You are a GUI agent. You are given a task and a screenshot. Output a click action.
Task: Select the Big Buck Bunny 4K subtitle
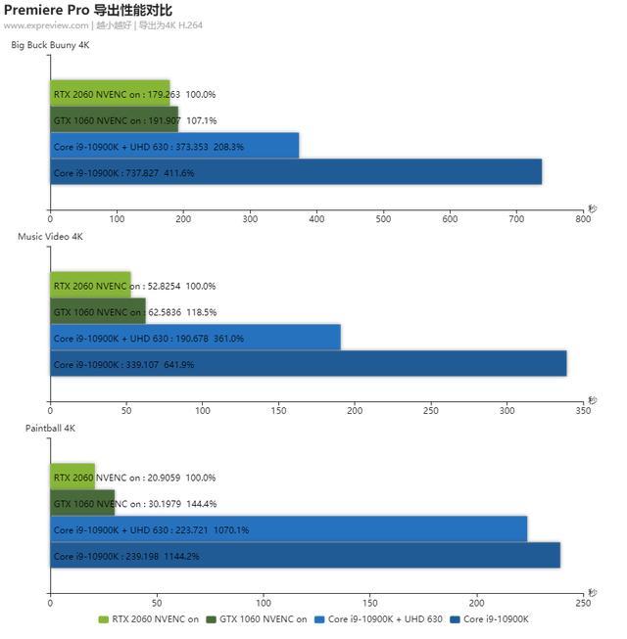[x=50, y=45]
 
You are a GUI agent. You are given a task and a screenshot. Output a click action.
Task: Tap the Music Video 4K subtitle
[x=50, y=237]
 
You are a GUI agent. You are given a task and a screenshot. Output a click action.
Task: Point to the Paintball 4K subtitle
[x=50, y=429]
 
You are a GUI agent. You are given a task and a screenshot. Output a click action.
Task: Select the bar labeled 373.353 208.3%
[x=174, y=146]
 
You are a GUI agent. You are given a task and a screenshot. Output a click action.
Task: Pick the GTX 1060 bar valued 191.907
[x=114, y=119]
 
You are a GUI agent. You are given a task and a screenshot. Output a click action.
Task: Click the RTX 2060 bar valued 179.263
[x=110, y=94]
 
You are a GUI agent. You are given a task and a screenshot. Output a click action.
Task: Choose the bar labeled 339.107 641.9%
[x=308, y=364]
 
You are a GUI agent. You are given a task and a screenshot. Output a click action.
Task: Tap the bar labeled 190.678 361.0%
[x=195, y=338]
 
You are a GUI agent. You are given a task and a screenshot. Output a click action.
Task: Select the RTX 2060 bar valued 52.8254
[x=90, y=286]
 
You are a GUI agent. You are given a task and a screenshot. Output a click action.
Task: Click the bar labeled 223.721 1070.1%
[x=288, y=529]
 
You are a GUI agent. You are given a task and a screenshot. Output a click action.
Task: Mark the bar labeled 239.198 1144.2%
[x=305, y=556]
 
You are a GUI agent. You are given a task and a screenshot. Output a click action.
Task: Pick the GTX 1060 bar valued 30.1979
[x=82, y=503]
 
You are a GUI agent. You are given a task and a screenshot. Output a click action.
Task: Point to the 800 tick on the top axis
[x=583, y=219]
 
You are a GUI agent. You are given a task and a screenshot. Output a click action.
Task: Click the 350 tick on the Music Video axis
[x=583, y=411]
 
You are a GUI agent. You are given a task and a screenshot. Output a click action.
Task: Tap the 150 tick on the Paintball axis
[x=370, y=603]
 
